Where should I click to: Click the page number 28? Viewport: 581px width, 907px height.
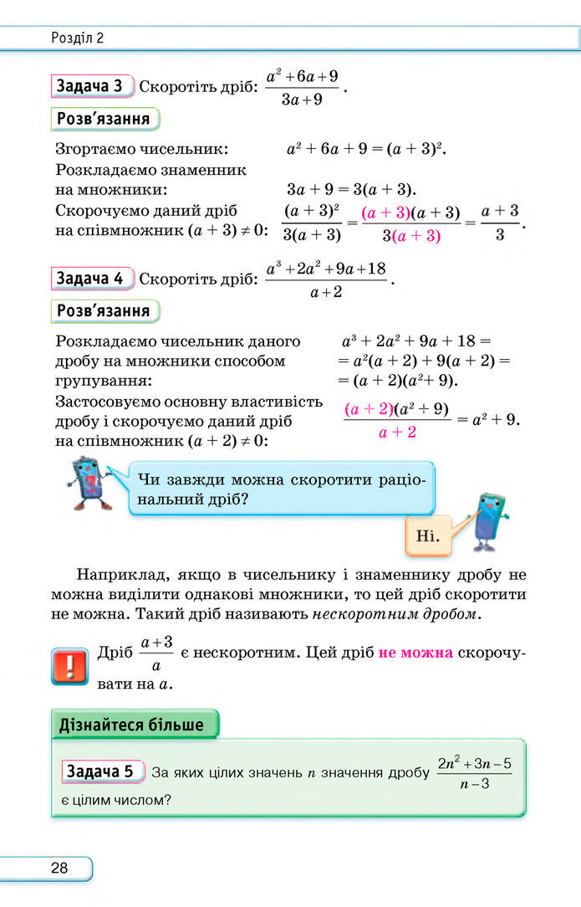(x=59, y=868)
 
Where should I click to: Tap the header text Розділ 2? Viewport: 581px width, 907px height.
(x=77, y=38)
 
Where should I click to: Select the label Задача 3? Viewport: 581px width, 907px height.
(x=94, y=86)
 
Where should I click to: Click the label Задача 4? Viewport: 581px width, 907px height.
(x=94, y=278)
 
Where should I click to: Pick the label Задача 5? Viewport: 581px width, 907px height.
(x=99, y=771)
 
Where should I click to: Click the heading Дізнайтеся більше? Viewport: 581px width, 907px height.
(x=131, y=725)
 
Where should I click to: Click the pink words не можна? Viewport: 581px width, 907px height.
(x=415, y=653)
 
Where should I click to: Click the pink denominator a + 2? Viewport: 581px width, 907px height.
(x=397, y=433)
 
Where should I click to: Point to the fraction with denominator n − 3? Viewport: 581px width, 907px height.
(x=473, y=772)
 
